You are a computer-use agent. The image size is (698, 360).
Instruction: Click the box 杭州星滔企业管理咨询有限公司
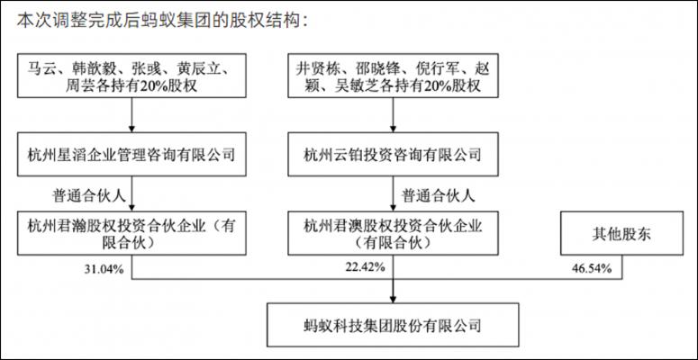(131, 154)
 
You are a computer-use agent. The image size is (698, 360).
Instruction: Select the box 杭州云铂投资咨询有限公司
(393, 154)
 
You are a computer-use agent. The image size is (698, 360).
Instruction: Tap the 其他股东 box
(621, 233)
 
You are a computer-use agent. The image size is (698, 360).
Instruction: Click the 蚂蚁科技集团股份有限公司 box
(393, 325)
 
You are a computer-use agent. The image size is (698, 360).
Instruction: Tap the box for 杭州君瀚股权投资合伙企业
(131, 233)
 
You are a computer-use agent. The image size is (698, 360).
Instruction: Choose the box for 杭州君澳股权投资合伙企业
(393, 233)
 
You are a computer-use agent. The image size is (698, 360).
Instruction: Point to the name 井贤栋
(315, 69)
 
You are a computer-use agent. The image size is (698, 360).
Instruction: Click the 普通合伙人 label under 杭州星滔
(89, 196)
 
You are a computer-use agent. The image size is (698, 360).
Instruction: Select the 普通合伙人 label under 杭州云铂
(438, 196)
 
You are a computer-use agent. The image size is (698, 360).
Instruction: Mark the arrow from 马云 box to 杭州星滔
(131, 115)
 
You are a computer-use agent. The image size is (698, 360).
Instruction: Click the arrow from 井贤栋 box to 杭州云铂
(393, 115)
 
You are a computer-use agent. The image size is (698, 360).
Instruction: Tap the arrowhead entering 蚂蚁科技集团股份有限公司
(393, 299)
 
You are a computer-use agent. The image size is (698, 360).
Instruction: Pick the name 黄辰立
(199, 69)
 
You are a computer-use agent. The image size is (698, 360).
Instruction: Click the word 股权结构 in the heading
(268, 21)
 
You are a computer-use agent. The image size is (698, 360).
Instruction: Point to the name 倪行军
(434, 69)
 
